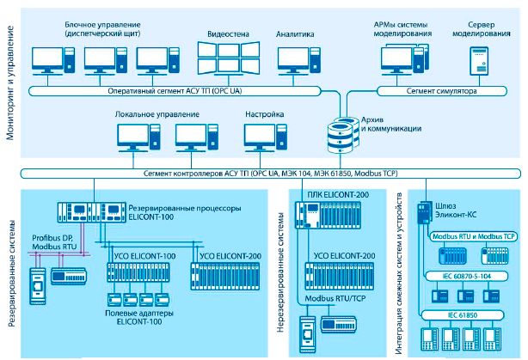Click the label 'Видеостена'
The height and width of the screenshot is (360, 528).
click(x=228, y=34)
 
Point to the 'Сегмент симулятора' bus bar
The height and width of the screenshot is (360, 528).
click(x=439, y=88)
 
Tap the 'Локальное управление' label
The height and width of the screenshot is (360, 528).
click(x=151, y=113)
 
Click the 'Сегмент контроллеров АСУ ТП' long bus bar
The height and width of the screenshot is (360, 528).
click(x=258, y=174)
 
